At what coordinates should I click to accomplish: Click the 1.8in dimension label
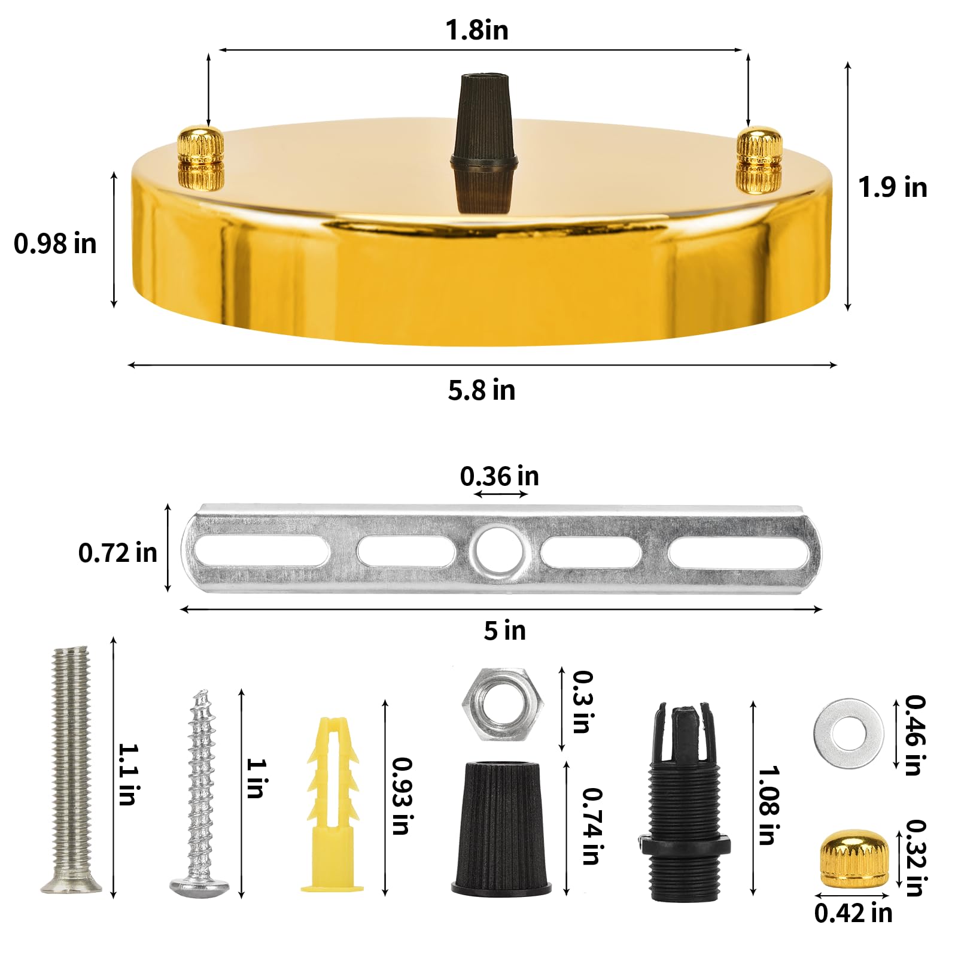point(477,31)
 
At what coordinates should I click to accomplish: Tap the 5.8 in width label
point(481,391)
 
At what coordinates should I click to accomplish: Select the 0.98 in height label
point(55,244)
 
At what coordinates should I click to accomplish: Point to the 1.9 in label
point(892,188)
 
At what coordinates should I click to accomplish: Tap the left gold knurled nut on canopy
point(201,158)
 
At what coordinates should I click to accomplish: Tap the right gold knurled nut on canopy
point(759,160)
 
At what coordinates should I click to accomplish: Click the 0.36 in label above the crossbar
point(499,477)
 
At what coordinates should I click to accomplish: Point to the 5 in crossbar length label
point(504,631)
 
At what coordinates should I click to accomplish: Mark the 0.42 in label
point(853,913)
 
